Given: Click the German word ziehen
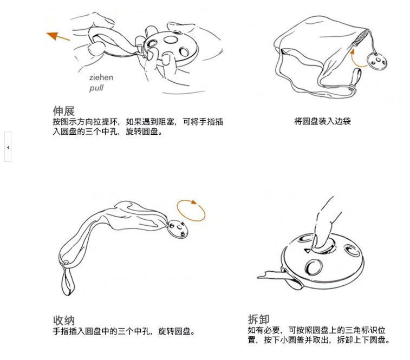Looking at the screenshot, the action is click(101, 77).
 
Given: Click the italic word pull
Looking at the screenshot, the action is click(96, 88).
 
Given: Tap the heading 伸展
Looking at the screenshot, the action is click(63, 111).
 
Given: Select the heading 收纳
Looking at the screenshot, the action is click(64, 320).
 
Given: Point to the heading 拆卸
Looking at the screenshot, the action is click(258, 319).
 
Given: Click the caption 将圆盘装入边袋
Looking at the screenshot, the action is click(322, 121).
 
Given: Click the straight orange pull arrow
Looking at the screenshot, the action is click(58, 36).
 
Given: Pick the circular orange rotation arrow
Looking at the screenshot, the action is click(191, 211).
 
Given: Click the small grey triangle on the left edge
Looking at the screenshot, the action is click(8, 147).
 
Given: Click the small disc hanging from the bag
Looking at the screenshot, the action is click(377, 61).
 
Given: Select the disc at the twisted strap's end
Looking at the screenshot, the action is click(178, 230).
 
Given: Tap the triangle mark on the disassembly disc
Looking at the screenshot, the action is click(307, 251).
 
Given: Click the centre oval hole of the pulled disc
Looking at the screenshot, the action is click(171, 40).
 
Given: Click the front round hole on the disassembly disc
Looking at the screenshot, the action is click(314, 267).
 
